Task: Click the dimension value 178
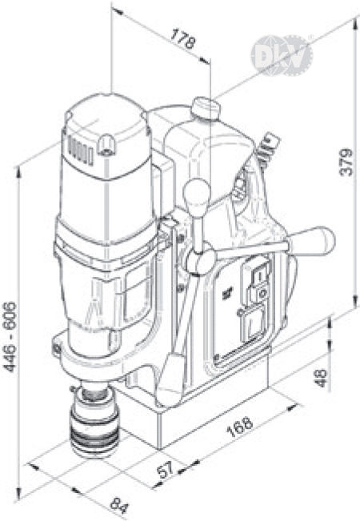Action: (182, 39)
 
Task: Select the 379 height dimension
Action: (346, 162)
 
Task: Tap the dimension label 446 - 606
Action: (10, 337)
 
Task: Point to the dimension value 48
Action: (321, 378)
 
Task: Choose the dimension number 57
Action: (166, 468)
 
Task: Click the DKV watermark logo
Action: (282, 55)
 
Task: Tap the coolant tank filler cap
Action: (206, 108)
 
